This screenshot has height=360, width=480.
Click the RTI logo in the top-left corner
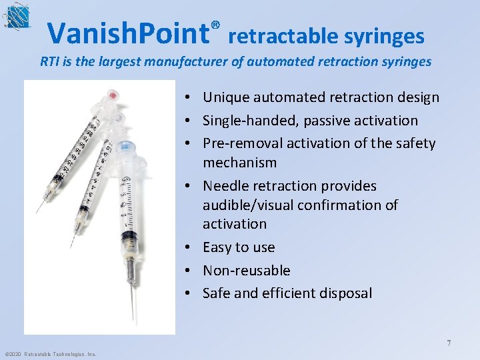tap(15, 17)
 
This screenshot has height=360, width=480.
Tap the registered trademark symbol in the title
tap(215, 25)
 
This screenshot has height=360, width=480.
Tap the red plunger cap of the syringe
tap(113, 97)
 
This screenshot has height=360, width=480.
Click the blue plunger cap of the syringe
tap(125, 146)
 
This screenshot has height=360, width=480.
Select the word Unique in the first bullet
tap(225, 97)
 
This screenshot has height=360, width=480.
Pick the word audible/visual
tap(259, 205)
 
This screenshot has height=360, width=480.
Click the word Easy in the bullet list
tap(218, 247)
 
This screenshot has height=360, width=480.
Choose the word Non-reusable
tap(246, 270)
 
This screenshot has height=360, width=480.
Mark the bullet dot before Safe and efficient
tap(190, 293)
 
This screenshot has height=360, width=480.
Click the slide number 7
tap(449, 343)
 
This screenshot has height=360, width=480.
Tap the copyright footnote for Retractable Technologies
tap(50, 354)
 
